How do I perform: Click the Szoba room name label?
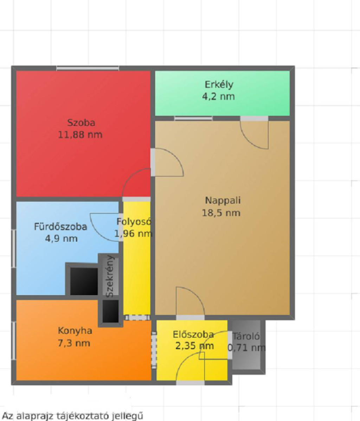pyautogui.click(x=81, y=123)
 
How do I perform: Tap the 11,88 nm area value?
pyautogui.click(x=80, y=134)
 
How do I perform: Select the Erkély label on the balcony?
pyautogui.click(x=219, y=85)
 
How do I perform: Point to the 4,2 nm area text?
pyautogui.click(x=219, y=96)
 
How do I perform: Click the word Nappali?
pyautogui.click(x=223, y=200)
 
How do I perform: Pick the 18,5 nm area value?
pyautogui.click(x=221, y=213)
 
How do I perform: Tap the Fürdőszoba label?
pyautogui.click(x=60, y=227)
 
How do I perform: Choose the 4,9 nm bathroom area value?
pyautogui.click(x=61, y=238)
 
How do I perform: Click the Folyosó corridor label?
pyautogui.click(x=134, y=222)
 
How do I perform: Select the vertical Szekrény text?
pyautogui.click(x=110, y=276)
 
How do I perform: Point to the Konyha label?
pyautogui.click(x=75, y=331)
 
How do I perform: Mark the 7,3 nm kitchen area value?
pyautogui.click(x=74, y=343)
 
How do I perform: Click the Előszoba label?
pyautogui.click(x=193, y=334)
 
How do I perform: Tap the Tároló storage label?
pyautogui.click(x=246, y=336)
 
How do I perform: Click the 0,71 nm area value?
pyautogui.click(x=246, y=348)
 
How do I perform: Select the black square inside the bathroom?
pyautogui.click(x=84, y=281)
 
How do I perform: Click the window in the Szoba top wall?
pyautogui.click(x=88, y=69)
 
